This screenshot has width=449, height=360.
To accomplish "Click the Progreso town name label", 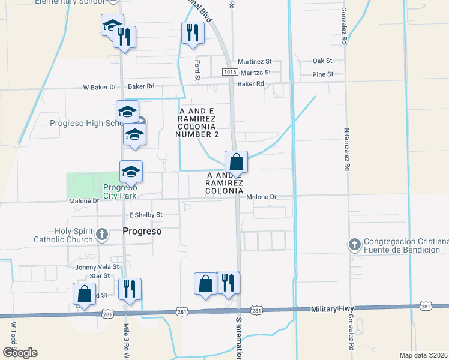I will coord(143,231).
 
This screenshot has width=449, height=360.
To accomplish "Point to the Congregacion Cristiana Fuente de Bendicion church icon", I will coord(354,244).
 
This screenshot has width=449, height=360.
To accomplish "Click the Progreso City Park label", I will coord(119,191).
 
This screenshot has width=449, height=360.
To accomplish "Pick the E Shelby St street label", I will coord(146,215).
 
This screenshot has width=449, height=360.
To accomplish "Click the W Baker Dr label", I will coord(100,88).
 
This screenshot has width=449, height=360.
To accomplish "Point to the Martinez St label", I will coord(255,62).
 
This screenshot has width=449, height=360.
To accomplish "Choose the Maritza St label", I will coord(255,73).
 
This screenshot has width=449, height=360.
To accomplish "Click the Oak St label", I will coord(322,61).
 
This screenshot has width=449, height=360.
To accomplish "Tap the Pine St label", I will coord(322,74).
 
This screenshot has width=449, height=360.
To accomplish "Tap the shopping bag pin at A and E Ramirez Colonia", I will coord(237,162).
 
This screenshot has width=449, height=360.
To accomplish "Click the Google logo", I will coord(20,353).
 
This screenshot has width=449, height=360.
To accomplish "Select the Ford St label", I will coord(197,70).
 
